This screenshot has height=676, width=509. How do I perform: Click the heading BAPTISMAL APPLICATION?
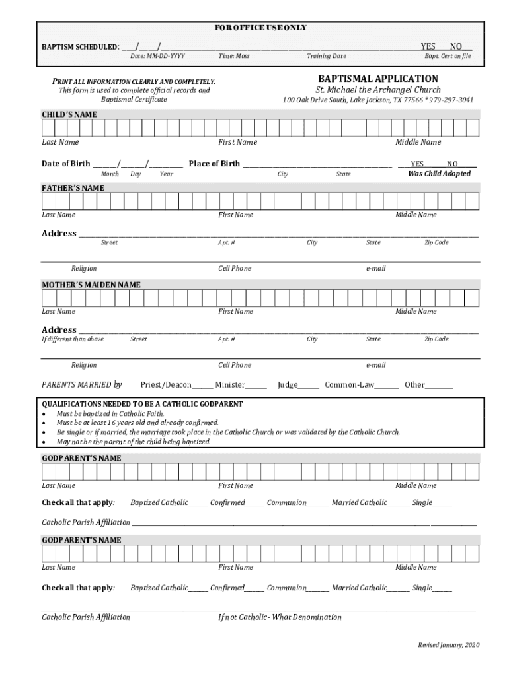pos(377,79)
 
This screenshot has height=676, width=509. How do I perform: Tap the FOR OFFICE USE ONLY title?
pos(260,28)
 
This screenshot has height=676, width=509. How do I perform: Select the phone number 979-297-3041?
pos(451,100)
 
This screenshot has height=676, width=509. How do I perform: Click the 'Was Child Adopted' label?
pos(439,174)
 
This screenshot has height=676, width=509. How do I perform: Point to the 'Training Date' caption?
pos(326,57)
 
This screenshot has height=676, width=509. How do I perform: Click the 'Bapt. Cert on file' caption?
pos(448,57)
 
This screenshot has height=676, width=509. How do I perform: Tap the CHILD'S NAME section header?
pos(69,114)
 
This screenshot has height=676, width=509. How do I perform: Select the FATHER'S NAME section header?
pos(73,188)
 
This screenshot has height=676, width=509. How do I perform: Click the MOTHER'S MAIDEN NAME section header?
pos(91,285)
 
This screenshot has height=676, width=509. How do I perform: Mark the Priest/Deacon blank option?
pos(203,385)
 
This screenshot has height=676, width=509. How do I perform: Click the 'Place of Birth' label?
pos(214,164)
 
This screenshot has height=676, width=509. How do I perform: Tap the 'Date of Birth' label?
pos(66,164)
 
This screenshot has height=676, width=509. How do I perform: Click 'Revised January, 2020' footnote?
pos(448,644)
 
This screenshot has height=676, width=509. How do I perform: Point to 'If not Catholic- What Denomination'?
pos(280,617)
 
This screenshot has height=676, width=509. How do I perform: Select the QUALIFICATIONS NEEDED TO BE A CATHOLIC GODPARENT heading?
pos(142,404)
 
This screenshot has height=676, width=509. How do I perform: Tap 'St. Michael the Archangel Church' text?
pos(377,90)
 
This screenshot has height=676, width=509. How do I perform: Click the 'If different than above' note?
pos(73,339)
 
